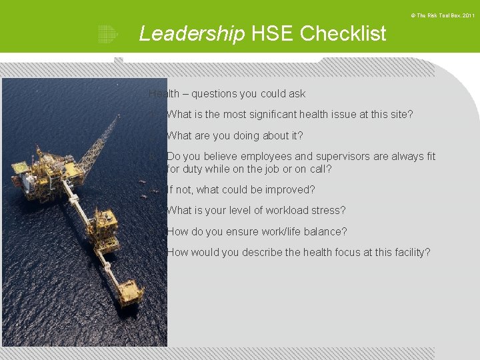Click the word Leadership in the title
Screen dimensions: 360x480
(x=191, y=33)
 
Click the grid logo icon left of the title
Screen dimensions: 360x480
(x=107, y=34)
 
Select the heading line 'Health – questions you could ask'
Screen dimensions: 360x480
(x=227, y=94)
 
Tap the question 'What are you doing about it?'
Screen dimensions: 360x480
(x=235, y=136)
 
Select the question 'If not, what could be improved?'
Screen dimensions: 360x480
(x=241, y=190)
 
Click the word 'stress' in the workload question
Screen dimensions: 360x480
(x=329, y=211)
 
